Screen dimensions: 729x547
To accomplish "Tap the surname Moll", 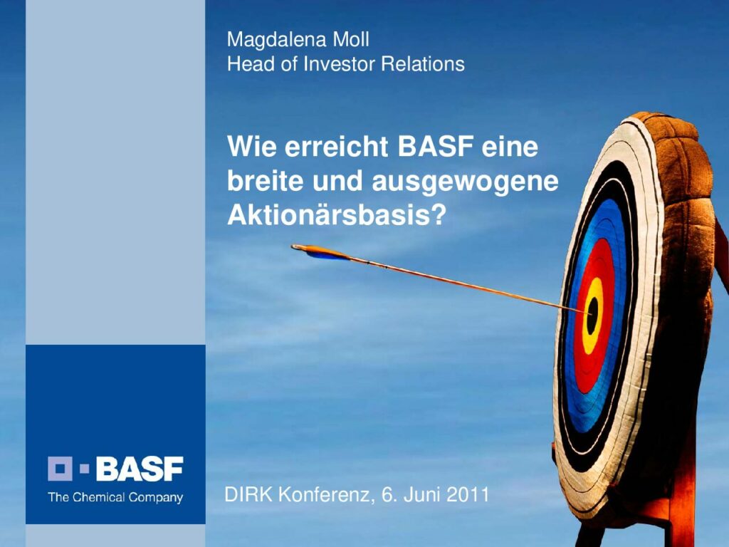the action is pos(351,40).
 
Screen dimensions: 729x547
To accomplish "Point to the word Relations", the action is pos(423,63).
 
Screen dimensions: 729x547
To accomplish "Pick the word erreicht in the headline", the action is pos(336,147).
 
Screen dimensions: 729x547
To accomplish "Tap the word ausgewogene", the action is pos(465,182).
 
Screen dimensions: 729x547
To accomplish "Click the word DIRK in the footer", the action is pos(248,494).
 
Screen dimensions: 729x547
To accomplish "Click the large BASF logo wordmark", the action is pos(140,469).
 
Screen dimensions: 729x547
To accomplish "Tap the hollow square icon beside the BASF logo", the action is pos(60,469).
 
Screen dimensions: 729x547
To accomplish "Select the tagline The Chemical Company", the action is pos(115,497).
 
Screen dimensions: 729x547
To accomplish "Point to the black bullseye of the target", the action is pos(592,316).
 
